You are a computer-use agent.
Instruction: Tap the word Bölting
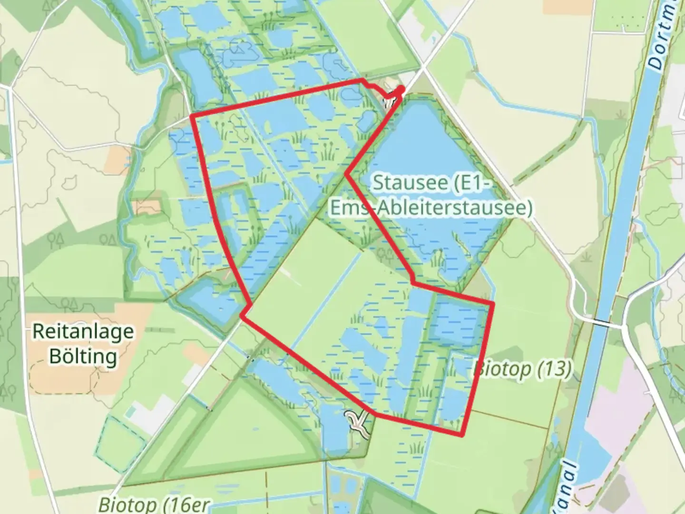(x=83, y=356)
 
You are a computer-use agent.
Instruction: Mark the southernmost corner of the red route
(x=461, y=434)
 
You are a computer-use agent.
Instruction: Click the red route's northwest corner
(x=191, y=116)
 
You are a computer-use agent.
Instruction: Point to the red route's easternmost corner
(x=493, y=303)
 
